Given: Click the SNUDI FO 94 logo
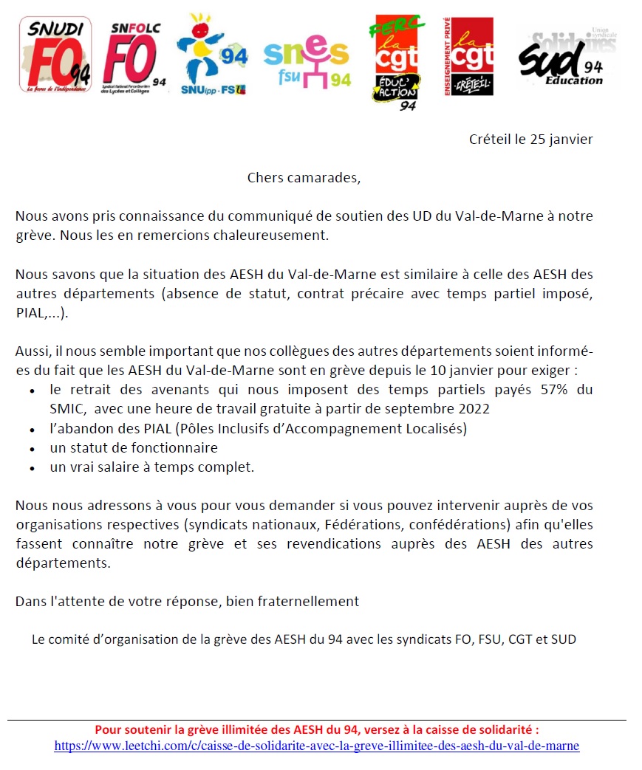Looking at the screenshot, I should [55, 56].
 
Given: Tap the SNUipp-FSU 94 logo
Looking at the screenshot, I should [212, 56].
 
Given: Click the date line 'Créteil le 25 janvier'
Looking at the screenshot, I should [530, 140].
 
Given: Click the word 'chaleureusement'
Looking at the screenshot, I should [278, 236].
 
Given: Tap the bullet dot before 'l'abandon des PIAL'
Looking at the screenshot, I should [32, 429].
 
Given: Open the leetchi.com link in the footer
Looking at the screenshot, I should [316, 746].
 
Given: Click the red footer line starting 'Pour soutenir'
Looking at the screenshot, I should [321, 729].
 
